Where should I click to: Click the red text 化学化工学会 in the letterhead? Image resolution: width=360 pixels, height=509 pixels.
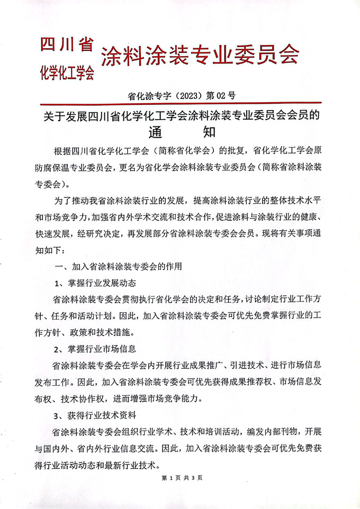click(67, 72)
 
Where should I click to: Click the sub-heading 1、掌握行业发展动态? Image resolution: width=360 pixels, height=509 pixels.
click(98, 282)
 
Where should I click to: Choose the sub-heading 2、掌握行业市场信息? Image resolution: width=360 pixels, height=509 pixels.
click(98, 349)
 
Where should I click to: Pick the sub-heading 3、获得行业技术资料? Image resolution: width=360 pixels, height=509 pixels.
click(98, 416)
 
